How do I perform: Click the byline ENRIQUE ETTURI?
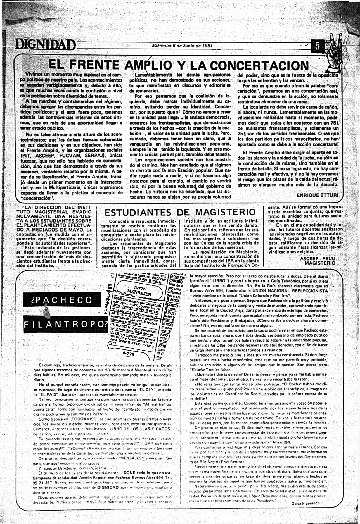point(317,195)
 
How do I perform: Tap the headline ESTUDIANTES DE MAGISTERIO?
point(180,212)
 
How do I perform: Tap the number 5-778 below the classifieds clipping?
point(128,354)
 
